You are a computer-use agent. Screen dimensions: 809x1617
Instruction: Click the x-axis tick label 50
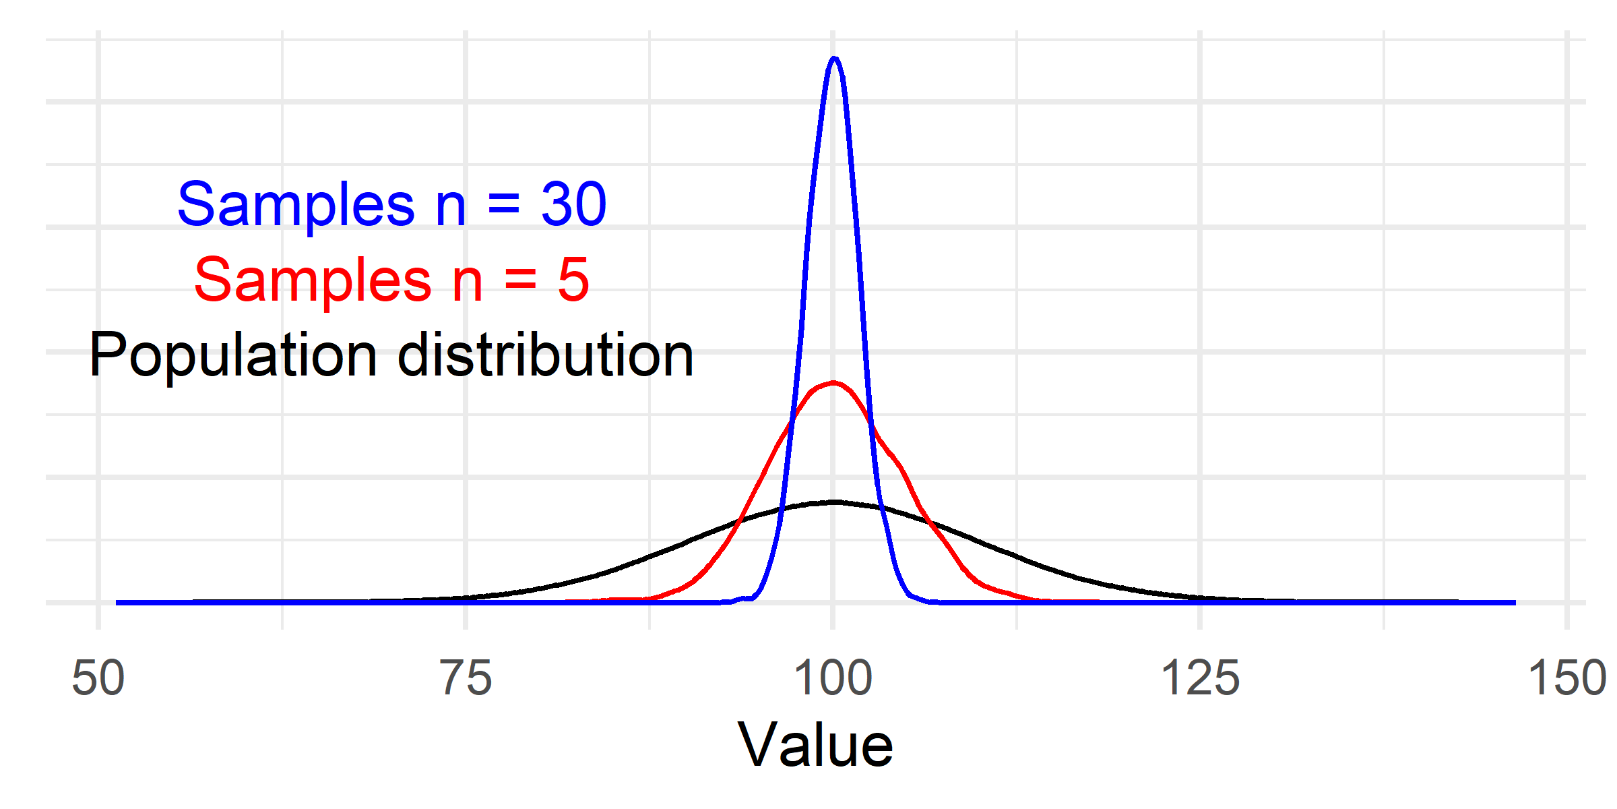click(98, 678)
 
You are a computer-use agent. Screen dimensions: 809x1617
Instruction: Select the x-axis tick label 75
click(466, 678)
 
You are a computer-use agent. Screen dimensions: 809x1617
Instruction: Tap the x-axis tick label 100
click(833, 678)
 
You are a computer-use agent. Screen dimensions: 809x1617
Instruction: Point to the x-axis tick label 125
click(1200, 678)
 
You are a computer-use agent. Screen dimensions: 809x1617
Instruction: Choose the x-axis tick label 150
click(1567, 678)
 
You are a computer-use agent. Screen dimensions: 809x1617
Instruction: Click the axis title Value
click(815, 746)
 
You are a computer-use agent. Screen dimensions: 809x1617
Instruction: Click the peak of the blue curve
click(834, 59)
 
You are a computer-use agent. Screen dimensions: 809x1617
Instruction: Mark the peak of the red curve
click(834, 383)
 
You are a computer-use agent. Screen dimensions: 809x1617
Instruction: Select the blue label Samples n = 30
click(392, 204)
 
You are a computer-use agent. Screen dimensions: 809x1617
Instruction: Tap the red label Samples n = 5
click(392, 279)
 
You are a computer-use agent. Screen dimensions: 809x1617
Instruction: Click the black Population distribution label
click(391, 355)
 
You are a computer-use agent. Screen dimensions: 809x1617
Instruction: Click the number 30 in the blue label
click(573, 204)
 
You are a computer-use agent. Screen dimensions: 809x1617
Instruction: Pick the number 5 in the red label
click(573, 279)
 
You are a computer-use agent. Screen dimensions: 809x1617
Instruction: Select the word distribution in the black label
click(546, 355)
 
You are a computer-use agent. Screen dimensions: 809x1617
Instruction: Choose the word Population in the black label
click(232, 355)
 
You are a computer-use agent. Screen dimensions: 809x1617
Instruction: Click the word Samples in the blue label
click(296, 204)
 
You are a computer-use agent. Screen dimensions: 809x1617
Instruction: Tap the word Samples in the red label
click(313, 279)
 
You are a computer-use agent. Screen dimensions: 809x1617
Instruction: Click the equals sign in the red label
click(520, 280)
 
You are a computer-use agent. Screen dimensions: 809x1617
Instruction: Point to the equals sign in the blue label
click(503, 205)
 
